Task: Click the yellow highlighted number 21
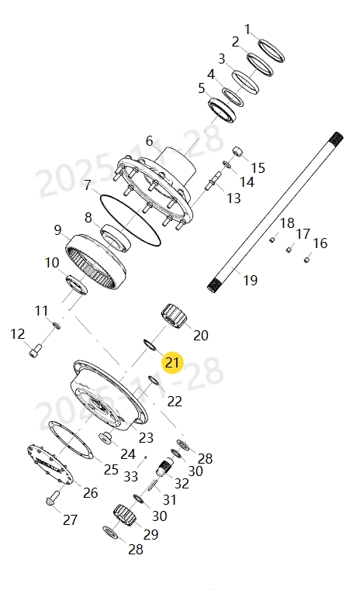(171, 362)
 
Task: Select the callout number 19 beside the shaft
(250, 280)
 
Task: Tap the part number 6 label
(149, 140)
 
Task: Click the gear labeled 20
(175, 318)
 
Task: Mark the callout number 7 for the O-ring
(88, 186)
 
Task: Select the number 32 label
(182, 482)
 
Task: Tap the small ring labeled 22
(154, 381)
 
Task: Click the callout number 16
(320, 243)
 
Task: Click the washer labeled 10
(78, 285)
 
